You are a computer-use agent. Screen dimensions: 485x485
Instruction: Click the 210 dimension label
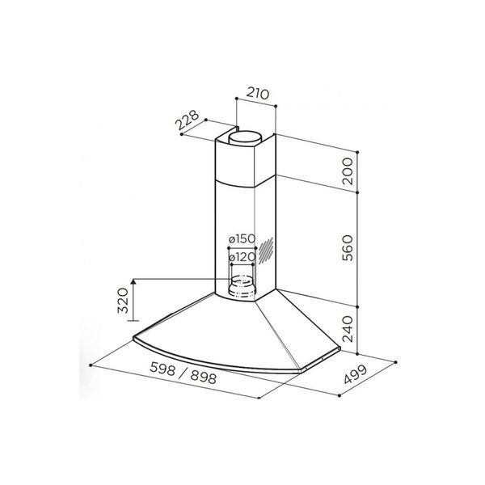[x=258, y=94]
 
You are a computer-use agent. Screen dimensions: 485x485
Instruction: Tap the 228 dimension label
[x=187, y=120]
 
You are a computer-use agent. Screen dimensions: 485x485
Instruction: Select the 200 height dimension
[x=348, y=171]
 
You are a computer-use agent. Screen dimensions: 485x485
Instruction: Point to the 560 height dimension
[x=348, y=248]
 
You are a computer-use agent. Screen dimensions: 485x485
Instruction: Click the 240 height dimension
[x=348, y=329]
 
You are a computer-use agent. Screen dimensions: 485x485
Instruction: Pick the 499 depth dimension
[x=356, y=374]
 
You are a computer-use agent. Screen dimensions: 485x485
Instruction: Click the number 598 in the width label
[x=162, y=368]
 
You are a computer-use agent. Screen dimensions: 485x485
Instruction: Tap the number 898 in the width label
[x=203, y=377]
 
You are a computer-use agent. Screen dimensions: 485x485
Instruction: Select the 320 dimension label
[x=123, y=301]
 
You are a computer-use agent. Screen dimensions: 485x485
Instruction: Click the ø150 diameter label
[x=242, y=238]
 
